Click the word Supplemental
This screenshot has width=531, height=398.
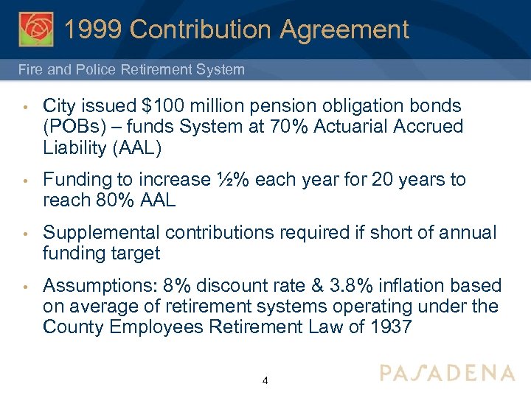(102, 234)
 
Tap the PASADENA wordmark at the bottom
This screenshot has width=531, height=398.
(447, 373)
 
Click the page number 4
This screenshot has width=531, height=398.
(265, 381)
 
